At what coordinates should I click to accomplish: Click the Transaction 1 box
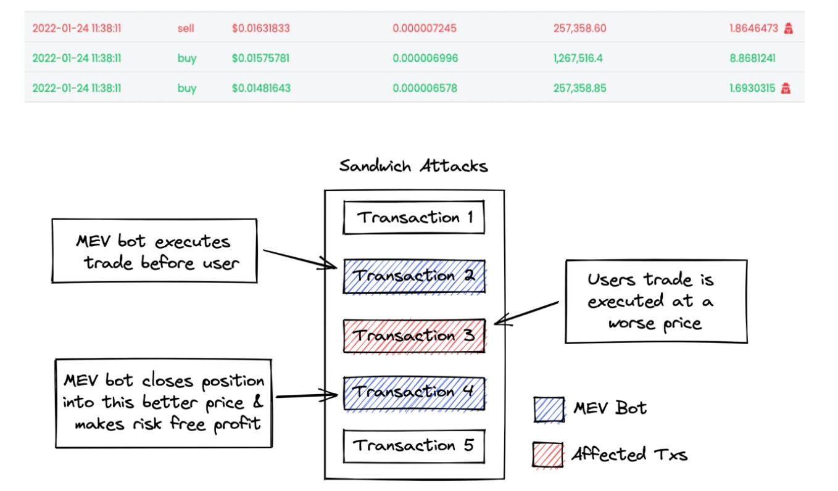coord(414,217)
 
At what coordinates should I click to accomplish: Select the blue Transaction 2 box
coord(414,276)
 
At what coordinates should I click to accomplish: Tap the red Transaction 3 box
coord(414,336)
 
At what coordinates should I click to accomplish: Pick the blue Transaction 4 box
coord(414,394)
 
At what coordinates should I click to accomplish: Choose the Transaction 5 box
coord(414,446)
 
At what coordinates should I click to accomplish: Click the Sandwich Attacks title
coord(413,166)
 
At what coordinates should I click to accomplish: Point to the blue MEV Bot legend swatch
coord(549,410)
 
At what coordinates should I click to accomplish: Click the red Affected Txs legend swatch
coord(548,455)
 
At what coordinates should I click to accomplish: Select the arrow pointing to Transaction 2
coord(300,259)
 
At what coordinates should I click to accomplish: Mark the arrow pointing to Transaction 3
coord(526,313)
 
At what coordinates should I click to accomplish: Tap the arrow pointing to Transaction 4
coord(307,395)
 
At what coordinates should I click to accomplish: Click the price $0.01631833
coord(261,28)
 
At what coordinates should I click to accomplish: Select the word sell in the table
coord(186,28)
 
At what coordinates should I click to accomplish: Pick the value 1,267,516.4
coord(578,59)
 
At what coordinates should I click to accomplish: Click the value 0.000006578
coord(425,88)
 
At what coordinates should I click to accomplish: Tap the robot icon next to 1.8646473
coord(788,28)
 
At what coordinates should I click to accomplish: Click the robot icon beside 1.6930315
coord(786,88)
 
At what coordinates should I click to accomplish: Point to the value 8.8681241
coord(752,59)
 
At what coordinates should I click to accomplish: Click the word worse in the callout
coord(631,323)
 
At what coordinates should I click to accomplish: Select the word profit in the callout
coord(237,424)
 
